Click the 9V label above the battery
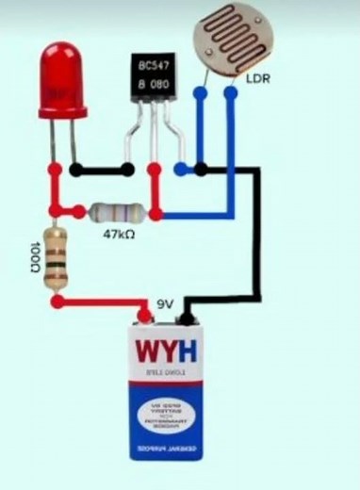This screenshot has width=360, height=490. [166, 303]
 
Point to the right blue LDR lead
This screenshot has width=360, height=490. [229, 141]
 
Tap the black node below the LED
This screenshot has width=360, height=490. [74, 171]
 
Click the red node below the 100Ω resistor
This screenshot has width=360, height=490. [57, 302]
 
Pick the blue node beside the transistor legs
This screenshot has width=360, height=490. [179, 170]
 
